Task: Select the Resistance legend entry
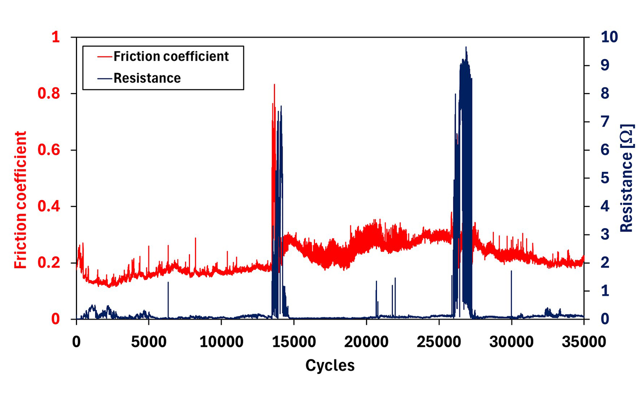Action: click(147, 78)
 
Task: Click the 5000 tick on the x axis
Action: click(148, 343)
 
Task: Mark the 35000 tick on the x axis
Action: click(583, 343)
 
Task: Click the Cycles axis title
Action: click(330, 365)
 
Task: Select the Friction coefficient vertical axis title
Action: click(20, 200)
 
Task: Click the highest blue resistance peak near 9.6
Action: click(466, 48)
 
